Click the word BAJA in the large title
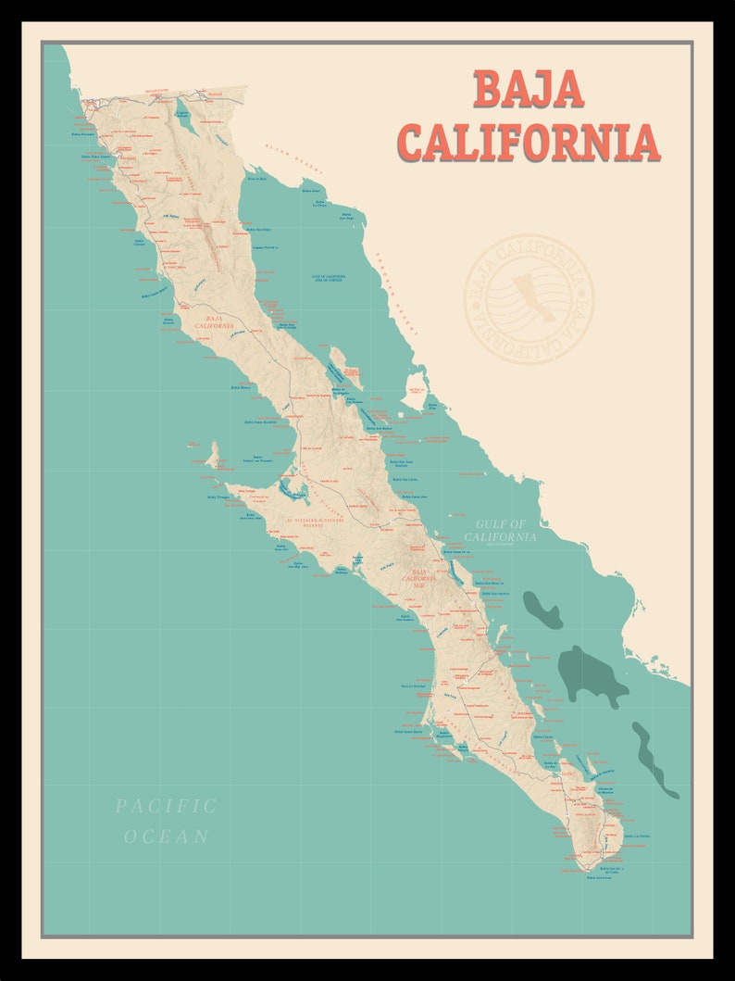pos(529,89)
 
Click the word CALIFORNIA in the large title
pos(529,142)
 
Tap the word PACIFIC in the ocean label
pos(167,806)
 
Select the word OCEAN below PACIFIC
pos(167,836)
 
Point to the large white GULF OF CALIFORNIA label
pos(500,531)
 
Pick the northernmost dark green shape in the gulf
pos(542,609)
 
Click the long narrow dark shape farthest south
pos(654,760)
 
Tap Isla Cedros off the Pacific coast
pos(214,455)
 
